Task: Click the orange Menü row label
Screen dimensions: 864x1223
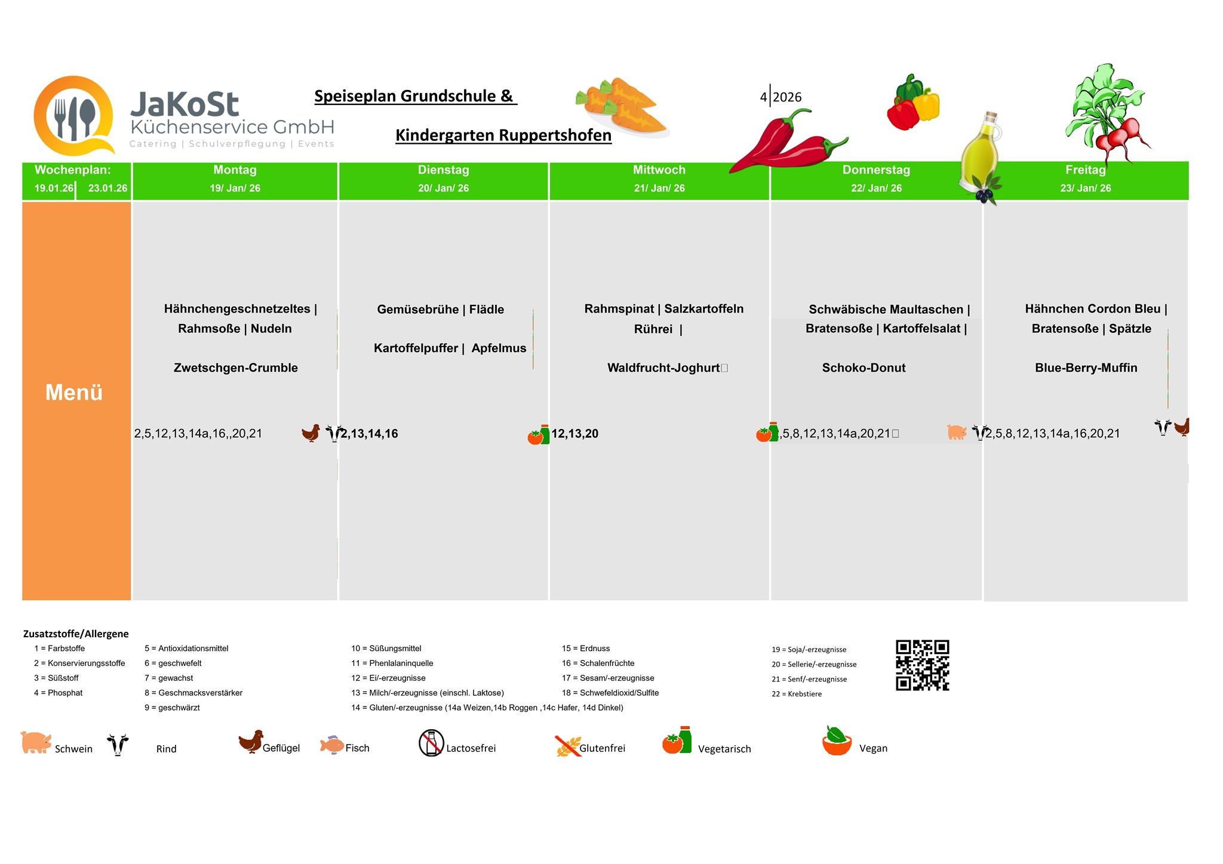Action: (75, 393)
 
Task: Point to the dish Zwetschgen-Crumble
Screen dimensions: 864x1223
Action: (235, 368)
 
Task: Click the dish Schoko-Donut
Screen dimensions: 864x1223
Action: (864, 368)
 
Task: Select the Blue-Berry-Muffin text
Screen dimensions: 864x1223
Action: (1086, 368)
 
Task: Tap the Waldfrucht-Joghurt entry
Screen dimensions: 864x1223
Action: (663, 368)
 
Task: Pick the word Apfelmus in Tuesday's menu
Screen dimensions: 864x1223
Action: (499, 348)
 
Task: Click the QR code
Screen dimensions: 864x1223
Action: (922, 665)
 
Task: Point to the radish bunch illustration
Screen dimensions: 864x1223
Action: (1108, 113)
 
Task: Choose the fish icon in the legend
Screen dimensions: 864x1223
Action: (331, 745)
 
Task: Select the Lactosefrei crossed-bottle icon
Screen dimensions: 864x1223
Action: (431, 743)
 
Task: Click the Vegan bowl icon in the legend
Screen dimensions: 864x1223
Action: (837, 742)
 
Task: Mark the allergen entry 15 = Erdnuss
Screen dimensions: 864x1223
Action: (585, 649)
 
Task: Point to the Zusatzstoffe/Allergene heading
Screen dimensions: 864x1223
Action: (76, 634)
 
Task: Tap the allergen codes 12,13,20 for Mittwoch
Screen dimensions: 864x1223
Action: (574, 434)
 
